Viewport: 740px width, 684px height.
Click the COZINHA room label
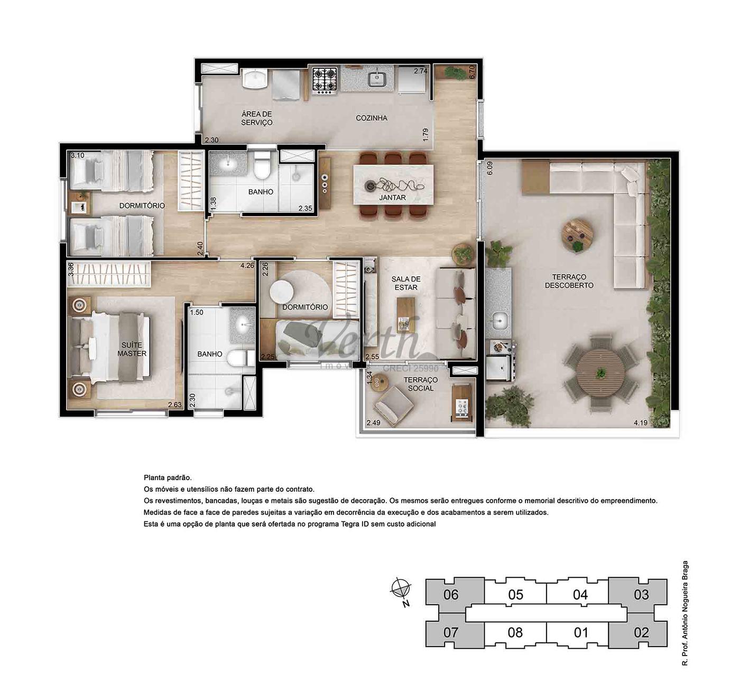[372, 118]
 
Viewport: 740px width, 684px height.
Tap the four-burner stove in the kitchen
[325, 79]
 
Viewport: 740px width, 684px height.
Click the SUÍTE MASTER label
[132, 349]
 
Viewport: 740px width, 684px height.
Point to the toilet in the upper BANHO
[262, 165]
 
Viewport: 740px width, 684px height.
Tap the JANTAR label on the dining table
[392, 198]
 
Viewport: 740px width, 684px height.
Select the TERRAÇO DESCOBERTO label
[569, 281]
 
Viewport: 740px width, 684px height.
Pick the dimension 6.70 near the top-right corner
[473, 72]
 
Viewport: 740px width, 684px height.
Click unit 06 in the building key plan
[451, 595]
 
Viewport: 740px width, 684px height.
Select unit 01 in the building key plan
[580, 633]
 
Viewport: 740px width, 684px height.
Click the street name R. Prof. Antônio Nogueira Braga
[684, 613]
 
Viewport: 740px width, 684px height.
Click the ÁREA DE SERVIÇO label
[257, 118]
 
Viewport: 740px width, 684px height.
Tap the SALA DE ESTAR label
[406, 283]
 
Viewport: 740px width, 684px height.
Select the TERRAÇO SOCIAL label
[421, 384]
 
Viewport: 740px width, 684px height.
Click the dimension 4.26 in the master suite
[247, 266]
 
